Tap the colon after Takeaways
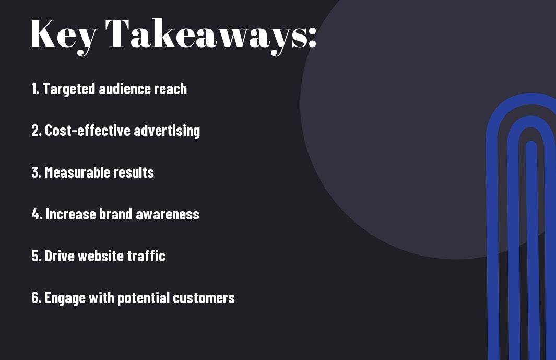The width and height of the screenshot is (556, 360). click(312, 37)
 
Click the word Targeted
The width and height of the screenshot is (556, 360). click(69, 89)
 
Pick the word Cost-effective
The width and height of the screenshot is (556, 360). click(88, 131)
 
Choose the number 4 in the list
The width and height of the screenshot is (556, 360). click(37, 214)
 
